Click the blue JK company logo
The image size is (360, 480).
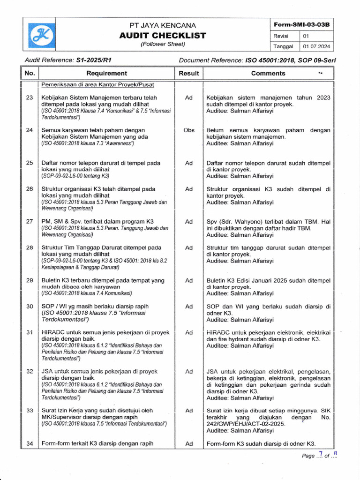pos(42,35)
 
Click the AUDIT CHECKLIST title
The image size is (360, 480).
pos(163,35)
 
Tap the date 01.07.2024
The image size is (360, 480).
pos(316,46)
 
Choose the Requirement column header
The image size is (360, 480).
pos(106,73)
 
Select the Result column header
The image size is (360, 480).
pos(189,73)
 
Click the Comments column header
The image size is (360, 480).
pos(268,73)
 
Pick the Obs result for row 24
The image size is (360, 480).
pos(189,130)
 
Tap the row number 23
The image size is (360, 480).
pos(30,97)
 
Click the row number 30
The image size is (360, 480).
pos(30,306)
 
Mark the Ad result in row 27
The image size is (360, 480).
pos(189,221)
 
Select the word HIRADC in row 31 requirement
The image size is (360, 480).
pos(52,332)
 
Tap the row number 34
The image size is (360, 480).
pos(30,443)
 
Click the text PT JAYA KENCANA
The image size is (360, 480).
pos(163,25)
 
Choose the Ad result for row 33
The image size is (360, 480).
pos(189,410)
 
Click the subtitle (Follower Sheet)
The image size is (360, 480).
pos(163,44)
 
